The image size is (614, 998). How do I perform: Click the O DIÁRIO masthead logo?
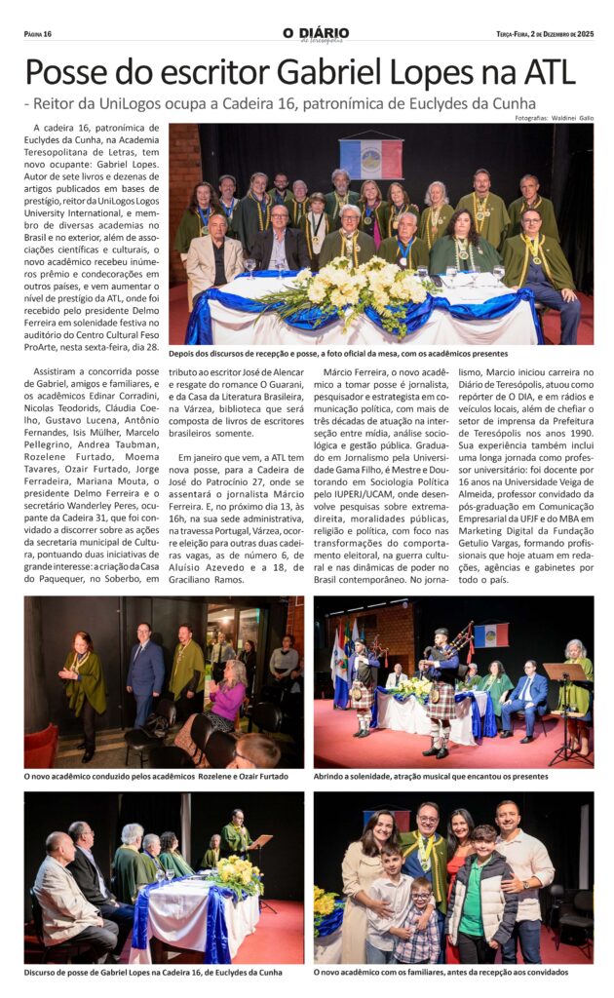click(314, 34)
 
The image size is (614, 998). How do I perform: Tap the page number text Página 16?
click(38, 34)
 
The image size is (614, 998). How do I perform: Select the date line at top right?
click(544, 34)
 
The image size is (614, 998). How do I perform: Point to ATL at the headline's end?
click(547, 73)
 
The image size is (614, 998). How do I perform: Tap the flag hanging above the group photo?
click(370, 158)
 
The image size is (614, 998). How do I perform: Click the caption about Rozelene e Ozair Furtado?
click(156, 776)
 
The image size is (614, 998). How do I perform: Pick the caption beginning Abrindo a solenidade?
click(431, 776)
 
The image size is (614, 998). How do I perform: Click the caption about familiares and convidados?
click(441, 972)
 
